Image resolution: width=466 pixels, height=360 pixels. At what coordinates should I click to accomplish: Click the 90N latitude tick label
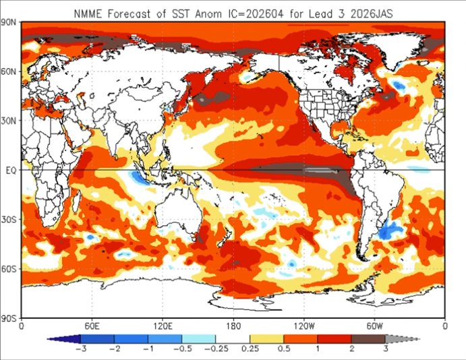tap(9, 23)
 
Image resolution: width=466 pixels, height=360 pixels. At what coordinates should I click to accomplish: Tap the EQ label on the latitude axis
tap(11, 171)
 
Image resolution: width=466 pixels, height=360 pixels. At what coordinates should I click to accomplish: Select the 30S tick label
tap(9, 220)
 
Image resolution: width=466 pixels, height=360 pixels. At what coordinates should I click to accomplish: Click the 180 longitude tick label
tap(233, 326)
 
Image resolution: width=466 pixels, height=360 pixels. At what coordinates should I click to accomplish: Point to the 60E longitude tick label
tap(92, 326)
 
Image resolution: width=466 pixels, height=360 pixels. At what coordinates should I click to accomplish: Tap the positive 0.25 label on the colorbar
tap(250, 350)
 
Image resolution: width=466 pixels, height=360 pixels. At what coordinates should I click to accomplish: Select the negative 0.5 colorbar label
tap(182, 350)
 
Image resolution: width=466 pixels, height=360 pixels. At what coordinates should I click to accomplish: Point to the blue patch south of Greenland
tap(399, 84)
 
